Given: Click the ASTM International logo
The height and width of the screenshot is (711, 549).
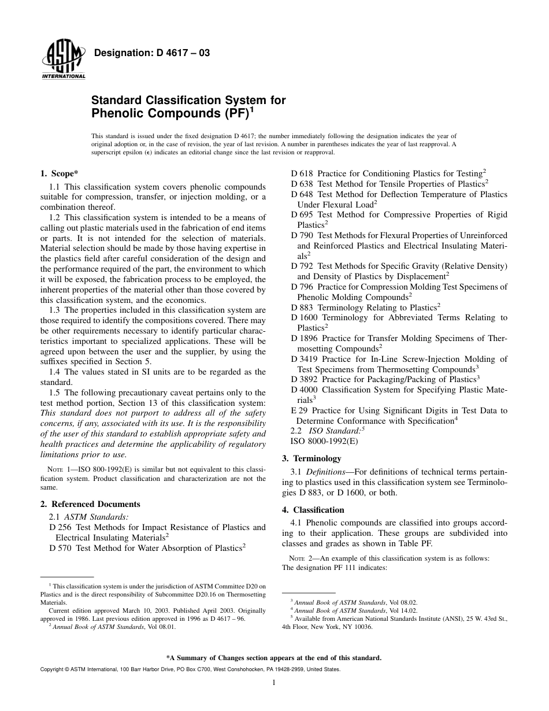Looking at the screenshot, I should coord(63,61).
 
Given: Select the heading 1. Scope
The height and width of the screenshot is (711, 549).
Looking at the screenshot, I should coord(60,173).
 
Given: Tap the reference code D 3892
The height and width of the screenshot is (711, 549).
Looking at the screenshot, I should coord(305,379).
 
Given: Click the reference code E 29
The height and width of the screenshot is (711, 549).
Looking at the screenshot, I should coord(299,410).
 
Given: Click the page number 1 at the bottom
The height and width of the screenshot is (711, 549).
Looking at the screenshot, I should coord(274,683).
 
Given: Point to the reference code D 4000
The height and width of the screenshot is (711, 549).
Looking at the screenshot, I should coord(305,390).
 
